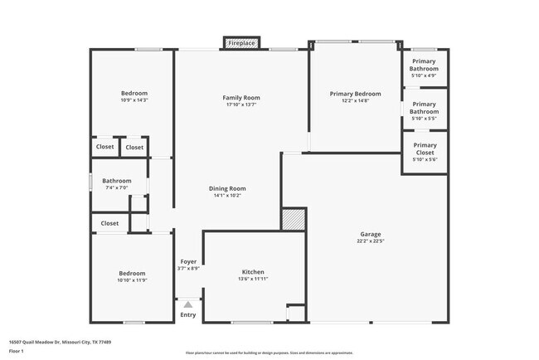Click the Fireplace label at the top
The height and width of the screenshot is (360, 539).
(x=241, y=42)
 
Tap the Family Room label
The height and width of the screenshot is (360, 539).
(x=241, y=98)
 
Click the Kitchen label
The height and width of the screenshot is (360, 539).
(x=253, y=272)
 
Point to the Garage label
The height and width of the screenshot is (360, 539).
(x=370, y=234)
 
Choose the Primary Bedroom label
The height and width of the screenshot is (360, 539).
(x=355, y=94)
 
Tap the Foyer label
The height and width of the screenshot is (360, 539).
(x=188, y=261)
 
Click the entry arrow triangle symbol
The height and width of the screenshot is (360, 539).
(x=188, y=304)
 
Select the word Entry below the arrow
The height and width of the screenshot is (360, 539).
(x=188, y=315)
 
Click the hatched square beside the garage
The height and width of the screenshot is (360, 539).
(x=294, y=219)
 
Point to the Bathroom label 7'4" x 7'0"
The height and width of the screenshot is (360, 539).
(x=117, y=181)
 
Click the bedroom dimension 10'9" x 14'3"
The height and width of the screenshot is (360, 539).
(x=134, y=101)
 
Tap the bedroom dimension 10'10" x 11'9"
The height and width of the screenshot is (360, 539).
(x=132, y=280)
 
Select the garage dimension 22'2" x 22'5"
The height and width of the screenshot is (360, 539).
(x=370, y=241)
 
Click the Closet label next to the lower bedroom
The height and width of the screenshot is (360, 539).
(x=109, y=223)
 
